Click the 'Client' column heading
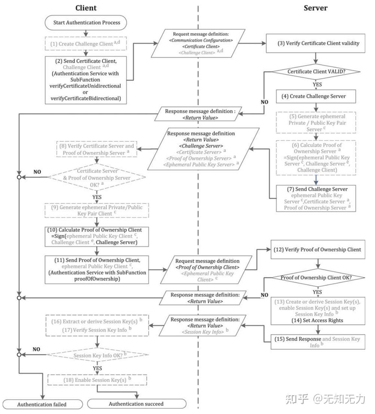click(x=86, y=8)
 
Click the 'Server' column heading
click(x=315, y=8)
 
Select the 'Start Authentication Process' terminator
click(x=86, y=23)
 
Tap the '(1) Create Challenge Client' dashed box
click(x=85, y=43)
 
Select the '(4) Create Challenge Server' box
click(x=316, y=96)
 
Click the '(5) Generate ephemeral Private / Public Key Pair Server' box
click(x=316, y=123)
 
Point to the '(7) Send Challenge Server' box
click(x=316, y=198)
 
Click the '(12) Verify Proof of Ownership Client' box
click(x=318, y=250)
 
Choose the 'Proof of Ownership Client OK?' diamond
click(x=316, y=278)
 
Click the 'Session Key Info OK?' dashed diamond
click(x=97, y=355)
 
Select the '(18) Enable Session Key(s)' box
click(x=97, y=380)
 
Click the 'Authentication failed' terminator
click(x=42, y=404)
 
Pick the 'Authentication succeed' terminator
click(x=136, y=404)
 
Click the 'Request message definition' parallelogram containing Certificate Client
click(x=201, y=43)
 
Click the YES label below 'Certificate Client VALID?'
click(x=317, y=84)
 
